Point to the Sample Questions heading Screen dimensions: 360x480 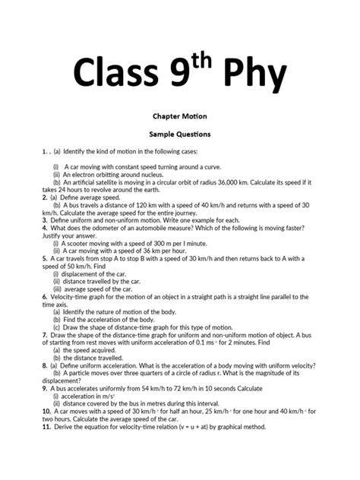tap(179, 134)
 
